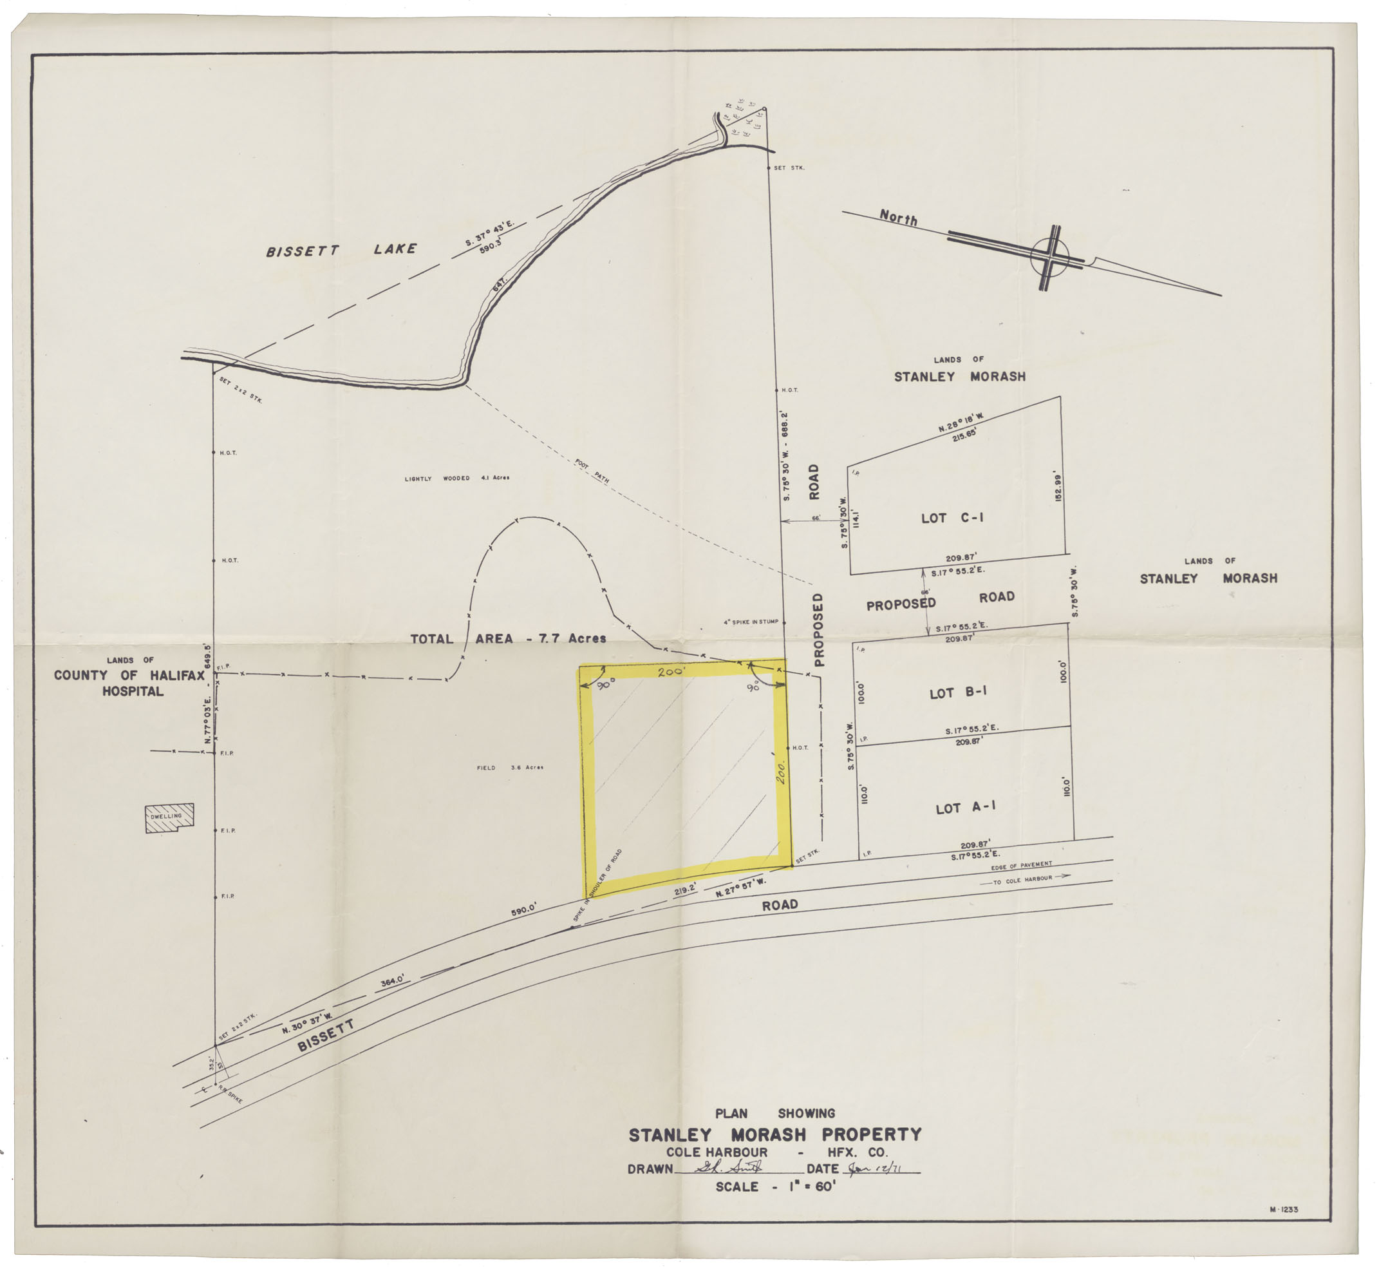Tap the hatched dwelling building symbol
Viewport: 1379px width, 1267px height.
click(x=169, y=818)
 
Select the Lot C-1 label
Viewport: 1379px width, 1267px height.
click(x=952, y=518)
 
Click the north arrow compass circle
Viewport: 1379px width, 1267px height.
click(x=1049, y=256)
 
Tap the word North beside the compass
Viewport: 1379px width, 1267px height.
click(x=898, y=218)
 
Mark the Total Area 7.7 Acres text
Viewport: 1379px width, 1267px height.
click(x=508, y=639)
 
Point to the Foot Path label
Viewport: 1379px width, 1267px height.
click(x=592, y=472)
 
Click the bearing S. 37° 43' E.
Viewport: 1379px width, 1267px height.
click(x=489, y=234)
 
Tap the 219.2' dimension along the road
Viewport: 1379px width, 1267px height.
click(x=685, y=890)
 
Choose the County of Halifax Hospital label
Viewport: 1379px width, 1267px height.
click(x=129, y=676)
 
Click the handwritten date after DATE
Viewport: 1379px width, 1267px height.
click(x=876, y=1169)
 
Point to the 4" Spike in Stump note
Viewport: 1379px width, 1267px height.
click(x=751, y=622)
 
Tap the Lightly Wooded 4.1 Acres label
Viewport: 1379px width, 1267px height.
click(x=456, y=478)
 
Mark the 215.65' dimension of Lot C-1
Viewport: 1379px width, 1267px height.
click(x=963, y=435)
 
